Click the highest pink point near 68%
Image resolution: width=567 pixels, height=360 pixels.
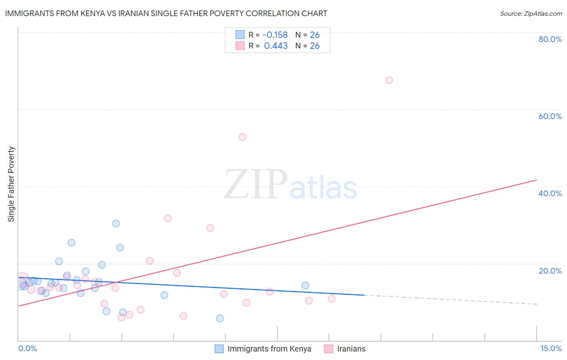(x=389, y=80)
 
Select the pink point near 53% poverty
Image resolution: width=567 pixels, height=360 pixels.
(x=242, y=137)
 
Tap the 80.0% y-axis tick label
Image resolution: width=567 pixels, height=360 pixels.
(x=550, y=39)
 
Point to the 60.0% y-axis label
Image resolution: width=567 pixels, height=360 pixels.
(x=550, y=116)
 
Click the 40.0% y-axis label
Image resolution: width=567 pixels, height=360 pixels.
(x=550, y=193)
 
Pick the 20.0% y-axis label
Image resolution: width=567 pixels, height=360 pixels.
(x=550, y=271)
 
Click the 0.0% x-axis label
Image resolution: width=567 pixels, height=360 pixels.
(x=27, y=348)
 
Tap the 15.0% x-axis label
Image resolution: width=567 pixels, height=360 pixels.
(x=551, y=348)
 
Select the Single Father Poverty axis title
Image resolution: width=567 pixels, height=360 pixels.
(x=11, y=184)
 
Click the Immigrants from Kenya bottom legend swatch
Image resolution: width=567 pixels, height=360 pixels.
(x=219, y=349)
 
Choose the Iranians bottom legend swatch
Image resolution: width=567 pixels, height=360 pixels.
(x=329, y=349)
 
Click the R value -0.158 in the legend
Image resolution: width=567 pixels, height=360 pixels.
(x=275, y=35)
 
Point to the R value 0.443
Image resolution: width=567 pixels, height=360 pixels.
(x=276, y=46)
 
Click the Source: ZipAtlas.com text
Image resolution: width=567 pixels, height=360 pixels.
(x=531, y=14)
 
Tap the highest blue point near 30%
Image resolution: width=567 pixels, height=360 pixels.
(x=116, y=224)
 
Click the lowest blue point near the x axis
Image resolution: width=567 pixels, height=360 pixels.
(x=220, y=318)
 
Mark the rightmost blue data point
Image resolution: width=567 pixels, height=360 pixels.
(x=305, y=286)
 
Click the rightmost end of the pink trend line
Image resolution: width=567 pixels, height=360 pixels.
(x=536, y=180)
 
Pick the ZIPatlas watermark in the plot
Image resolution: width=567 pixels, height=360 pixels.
(x=290, y=185)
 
